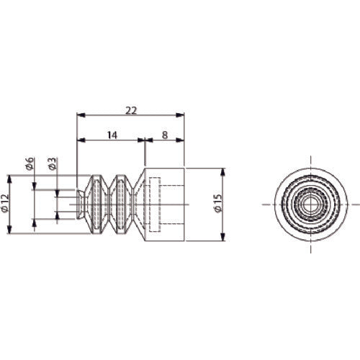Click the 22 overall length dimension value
coord(131,111)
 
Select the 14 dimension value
coord(112,135)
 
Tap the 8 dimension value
coord(164,135)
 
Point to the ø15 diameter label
coord(218,203)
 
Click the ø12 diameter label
coord(5,203)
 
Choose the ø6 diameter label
coord(30,163)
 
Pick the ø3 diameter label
coord(53,163)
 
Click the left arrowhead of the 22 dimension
coord(81,115)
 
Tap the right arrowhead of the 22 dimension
coord(180,115)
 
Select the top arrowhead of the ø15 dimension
coord(223,173)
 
